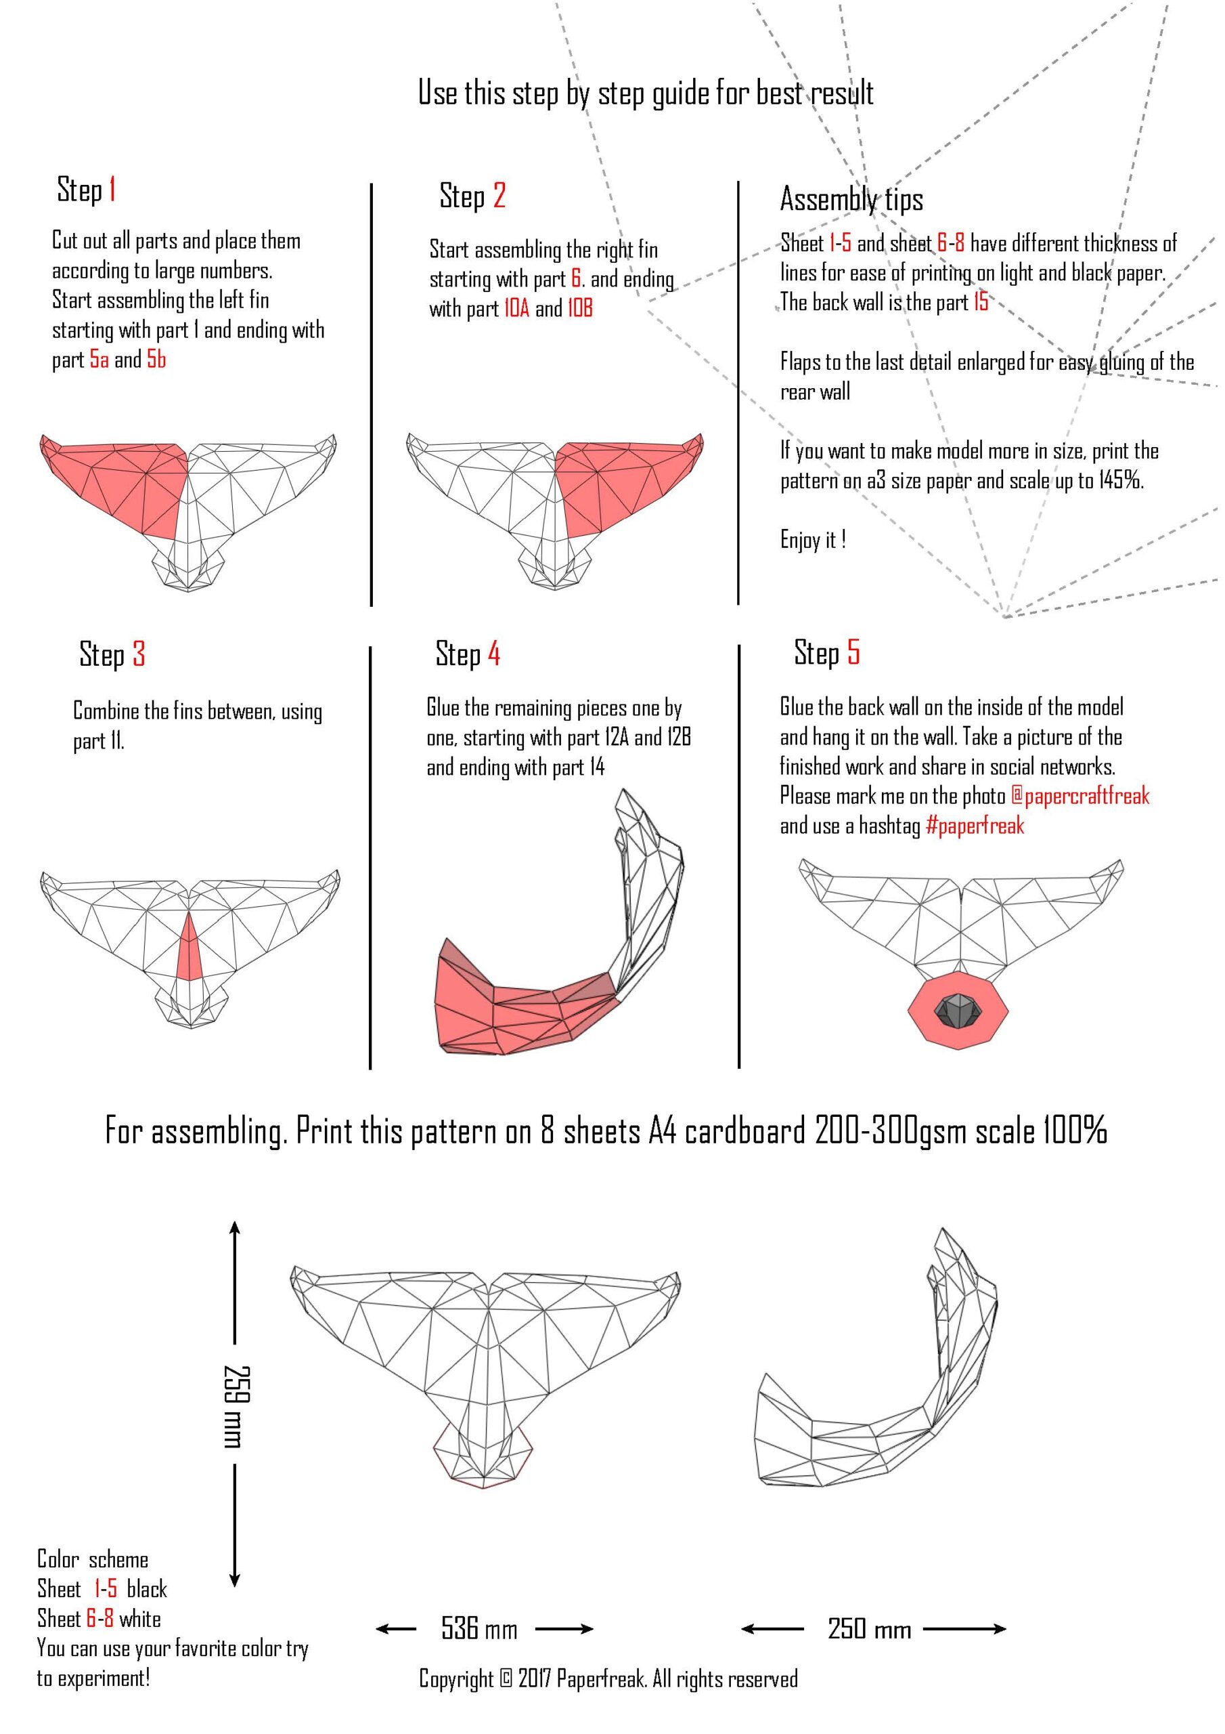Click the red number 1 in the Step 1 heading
coord(112,189)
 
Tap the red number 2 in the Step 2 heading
coord(499,196)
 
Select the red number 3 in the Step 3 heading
coord(138,654)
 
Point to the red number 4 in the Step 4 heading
coord(493,653)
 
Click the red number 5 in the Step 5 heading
coord(853,652)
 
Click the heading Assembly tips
coord(851,199)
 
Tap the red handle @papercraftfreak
coord(1080,796)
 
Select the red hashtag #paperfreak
coord(975,826)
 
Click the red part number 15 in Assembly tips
coord(981,302)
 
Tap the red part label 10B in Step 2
coord(581,308)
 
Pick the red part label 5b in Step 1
coord(156,360)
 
